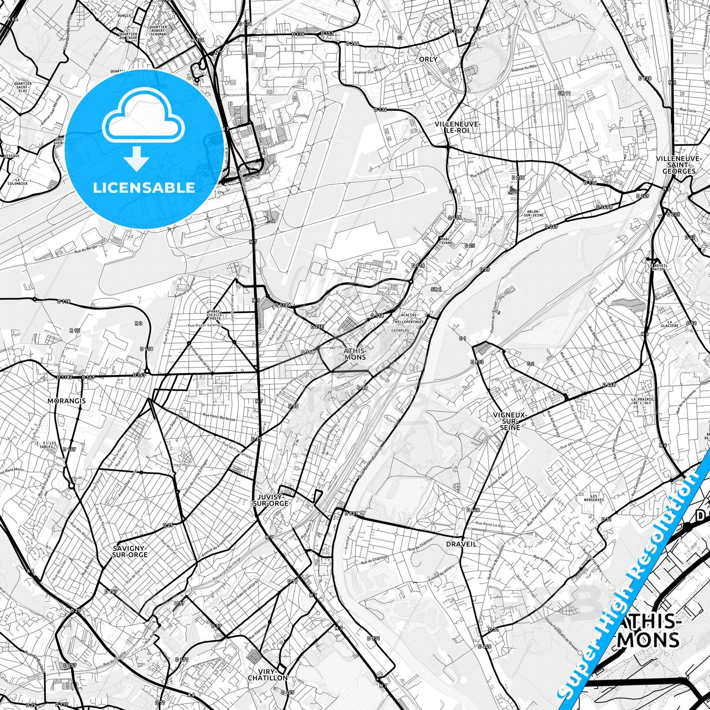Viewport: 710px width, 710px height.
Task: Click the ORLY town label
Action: click(428, 59)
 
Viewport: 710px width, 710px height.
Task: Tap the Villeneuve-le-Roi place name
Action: click(451, 127)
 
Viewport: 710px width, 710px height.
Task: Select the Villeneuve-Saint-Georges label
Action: click(679, 165)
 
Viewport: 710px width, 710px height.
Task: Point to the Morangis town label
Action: click(66, 401)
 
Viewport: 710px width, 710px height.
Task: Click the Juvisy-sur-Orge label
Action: click(270, 500)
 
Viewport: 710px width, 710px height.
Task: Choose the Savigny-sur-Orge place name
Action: click(130, 551)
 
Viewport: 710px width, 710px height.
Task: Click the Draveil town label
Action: click(461, 544)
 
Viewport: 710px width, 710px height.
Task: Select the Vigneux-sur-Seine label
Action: click(510, 421)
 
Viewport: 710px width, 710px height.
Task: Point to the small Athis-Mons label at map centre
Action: click(355, 354)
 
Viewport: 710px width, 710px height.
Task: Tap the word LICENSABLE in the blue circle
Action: click(143, 188)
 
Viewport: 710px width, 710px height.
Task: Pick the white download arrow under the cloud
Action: click(137, 160)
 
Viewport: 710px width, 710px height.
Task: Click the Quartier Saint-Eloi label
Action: click(23, 87)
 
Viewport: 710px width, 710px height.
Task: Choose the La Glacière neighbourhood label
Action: click(669, 324)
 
